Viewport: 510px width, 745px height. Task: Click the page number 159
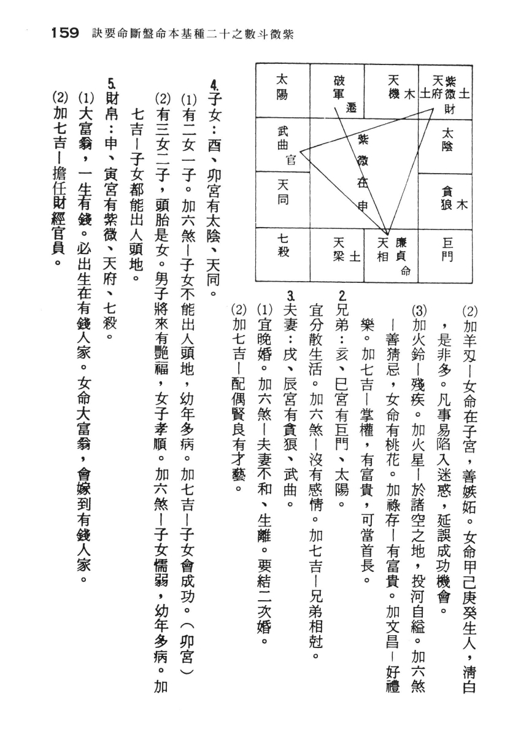tap(62, 34)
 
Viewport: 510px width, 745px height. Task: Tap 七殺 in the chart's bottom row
tap(283, 245)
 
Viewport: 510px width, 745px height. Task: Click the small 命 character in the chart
tap(406, 271)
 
